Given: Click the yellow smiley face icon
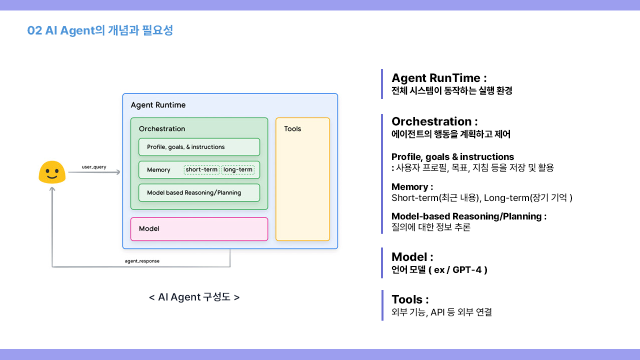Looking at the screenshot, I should point(52,172).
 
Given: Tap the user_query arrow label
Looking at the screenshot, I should point(94,167).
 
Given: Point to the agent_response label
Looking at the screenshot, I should point(142,261).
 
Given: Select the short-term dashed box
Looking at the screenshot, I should point(201,170).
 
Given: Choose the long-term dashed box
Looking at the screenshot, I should point(238,170).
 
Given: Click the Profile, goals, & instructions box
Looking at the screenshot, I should point(199,147).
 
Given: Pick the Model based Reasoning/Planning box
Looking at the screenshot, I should point(199,192).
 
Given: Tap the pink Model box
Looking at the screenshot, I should point(199,229).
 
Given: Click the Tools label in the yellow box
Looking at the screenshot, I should point(292,129).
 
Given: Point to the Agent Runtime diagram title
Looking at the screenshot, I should point(158,105).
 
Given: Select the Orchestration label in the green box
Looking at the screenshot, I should point(162,129).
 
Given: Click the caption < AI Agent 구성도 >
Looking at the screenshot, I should point(194,297).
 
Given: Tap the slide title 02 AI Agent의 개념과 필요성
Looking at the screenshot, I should point(100,30).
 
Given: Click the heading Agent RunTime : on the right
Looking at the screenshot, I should point(439,78).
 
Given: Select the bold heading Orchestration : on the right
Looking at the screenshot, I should point(434,121).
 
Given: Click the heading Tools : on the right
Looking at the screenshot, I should point(410,299).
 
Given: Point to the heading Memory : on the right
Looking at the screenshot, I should point(412,187).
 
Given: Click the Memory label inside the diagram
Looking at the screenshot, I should point(158,170).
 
